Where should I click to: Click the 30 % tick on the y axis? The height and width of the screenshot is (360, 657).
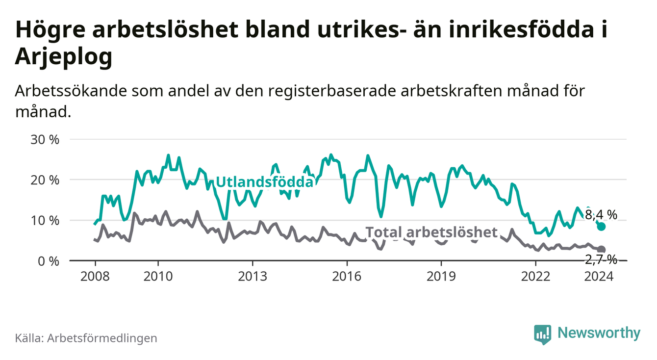tap(45, 140)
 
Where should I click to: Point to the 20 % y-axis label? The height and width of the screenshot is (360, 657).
tap(45, 180)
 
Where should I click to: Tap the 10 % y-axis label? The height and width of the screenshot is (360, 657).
tap(45, 221)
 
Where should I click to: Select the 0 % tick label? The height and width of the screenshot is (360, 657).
tap(49, 261)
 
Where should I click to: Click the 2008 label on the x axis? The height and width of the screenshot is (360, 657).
tap(95, 276)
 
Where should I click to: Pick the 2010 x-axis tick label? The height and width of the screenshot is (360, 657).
tap(158, 276)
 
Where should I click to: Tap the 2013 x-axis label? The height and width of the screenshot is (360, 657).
tap(252, 276)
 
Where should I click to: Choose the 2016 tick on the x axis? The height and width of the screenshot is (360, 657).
tap(347, 276)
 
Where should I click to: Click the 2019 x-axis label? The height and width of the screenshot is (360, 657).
tap(441, 276)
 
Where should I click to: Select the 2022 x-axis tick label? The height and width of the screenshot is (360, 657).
tap(535, 276)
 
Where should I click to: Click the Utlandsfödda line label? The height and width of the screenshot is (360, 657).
tap(264, 182)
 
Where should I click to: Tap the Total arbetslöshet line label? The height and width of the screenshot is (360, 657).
tap(431, 232)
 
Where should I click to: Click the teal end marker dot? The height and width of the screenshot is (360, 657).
tap(602, 227)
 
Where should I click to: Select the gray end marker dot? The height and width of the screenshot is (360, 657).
tap(602, 250)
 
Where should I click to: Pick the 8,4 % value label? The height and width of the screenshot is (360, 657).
tap(601, 214)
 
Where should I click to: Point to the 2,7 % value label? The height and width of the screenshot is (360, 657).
tap(601, 259)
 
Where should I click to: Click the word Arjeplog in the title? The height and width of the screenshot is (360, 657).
tap(64, 57)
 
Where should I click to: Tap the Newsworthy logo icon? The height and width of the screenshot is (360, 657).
tap(542, 334)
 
